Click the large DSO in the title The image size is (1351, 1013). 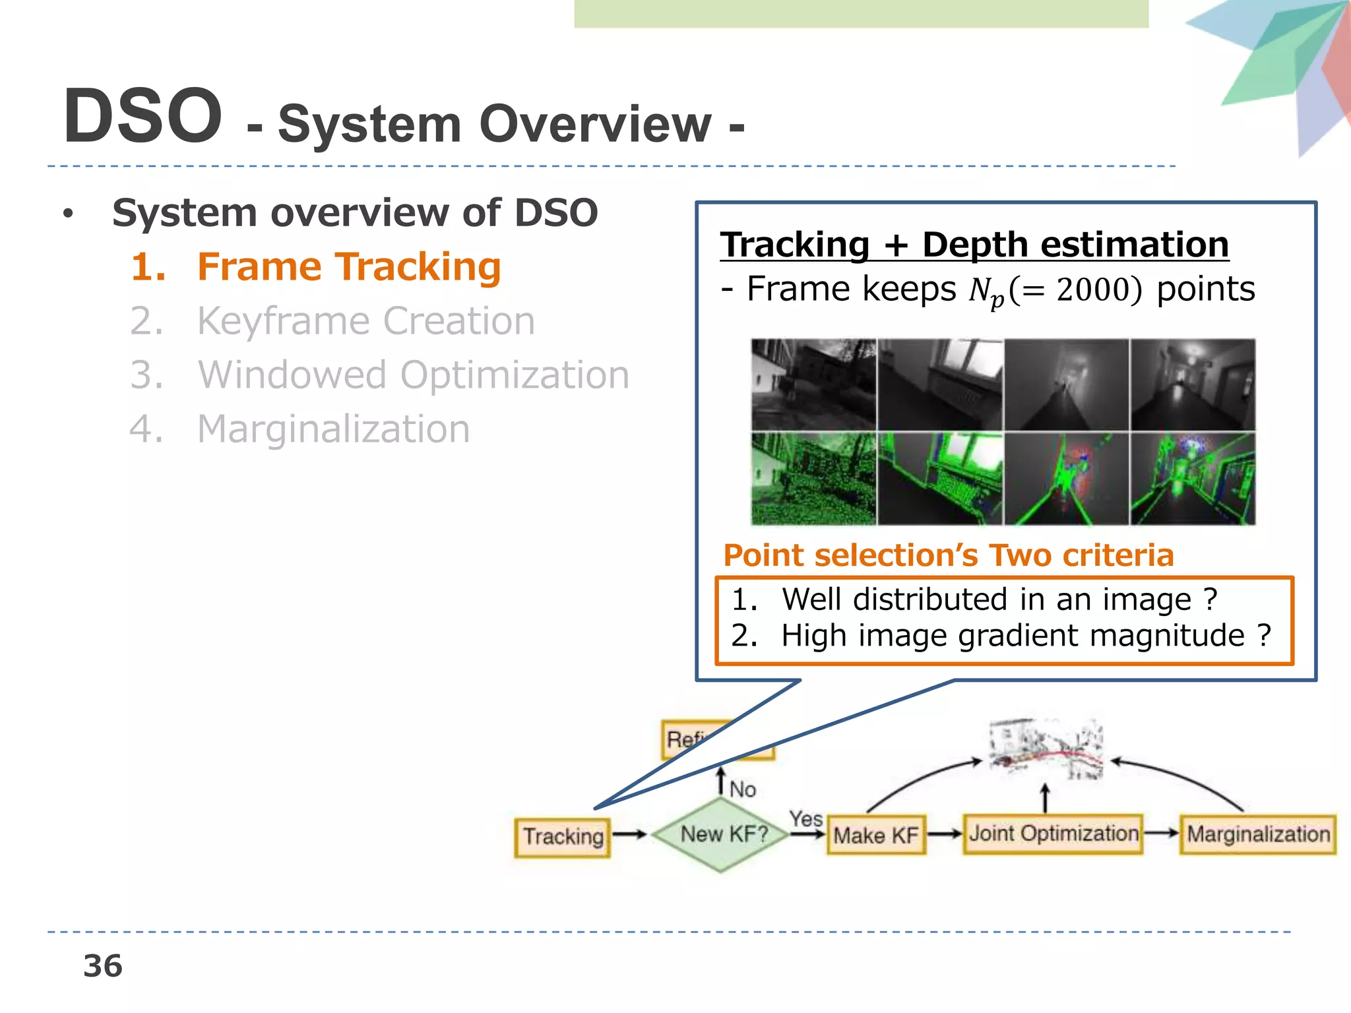(x=142, y=117)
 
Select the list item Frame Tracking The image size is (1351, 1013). (x=348, y=267)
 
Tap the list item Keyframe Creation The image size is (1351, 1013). (x=365, y=321)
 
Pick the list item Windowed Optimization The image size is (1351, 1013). (x=413, y=375)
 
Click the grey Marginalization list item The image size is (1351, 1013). (x=333, y=429)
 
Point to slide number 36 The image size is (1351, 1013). (x=103, y=966)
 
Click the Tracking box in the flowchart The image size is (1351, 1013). (x=563, y=837)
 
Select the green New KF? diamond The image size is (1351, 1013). (x=723, y=834)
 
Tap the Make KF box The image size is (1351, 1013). (x=876, y=836)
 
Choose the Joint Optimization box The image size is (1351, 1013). (x=1053, y=834)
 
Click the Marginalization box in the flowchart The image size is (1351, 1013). (x=1258, y=835)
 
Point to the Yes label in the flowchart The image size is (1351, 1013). (x=806, y=819)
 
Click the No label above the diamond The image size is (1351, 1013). (x=743, y=789)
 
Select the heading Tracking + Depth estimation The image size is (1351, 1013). (x=974, y=245)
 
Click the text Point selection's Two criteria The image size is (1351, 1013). (x=948, y=555)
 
